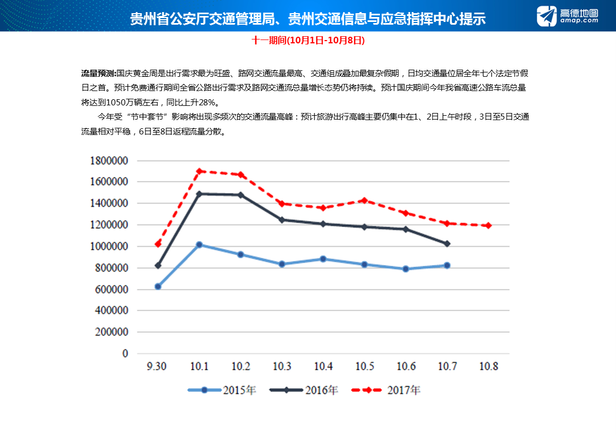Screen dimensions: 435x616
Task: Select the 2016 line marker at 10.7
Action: pos(447,244)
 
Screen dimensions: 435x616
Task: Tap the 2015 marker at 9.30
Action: pos(158,286)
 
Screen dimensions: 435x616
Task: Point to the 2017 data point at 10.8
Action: pos(488,225)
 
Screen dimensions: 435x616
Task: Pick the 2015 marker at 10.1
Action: pos(199,245)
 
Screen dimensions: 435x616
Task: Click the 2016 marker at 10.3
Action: pos(282,220)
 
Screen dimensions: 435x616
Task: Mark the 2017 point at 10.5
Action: pos(365,201)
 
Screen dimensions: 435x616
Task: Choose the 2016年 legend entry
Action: pos(305,391)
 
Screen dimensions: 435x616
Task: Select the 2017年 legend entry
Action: pos(387,391)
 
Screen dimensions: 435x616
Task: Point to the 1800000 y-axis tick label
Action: pos(109,160)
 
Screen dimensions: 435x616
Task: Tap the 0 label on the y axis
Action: pos(125,354)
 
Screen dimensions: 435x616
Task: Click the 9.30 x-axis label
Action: pos(158,367)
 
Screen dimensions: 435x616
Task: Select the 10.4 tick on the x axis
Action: pos(323,367)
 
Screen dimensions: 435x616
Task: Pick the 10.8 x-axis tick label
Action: pos(488,367)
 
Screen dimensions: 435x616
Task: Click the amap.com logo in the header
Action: pos(567,16)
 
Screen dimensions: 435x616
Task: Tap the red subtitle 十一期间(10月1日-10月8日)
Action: pos(308,41)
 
